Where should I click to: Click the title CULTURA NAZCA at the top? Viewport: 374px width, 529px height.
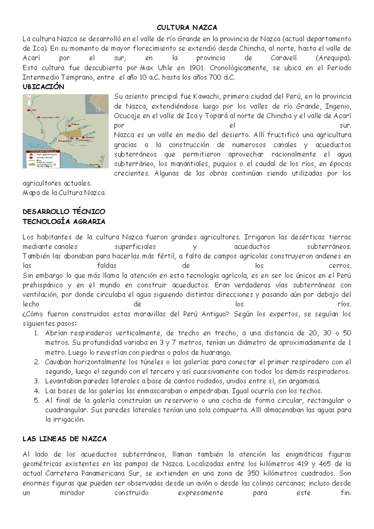coord(187,28)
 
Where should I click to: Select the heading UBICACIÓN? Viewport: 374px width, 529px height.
coord(43,87)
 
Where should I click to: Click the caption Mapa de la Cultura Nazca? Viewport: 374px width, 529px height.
coord(64,193)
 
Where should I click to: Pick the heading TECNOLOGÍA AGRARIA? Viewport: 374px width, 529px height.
coord(64,222)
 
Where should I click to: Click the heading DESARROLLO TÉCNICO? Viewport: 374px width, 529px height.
coord(64,212)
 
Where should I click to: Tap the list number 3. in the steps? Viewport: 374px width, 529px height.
coord(36,381)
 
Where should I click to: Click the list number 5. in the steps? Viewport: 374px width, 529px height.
coord(36,400)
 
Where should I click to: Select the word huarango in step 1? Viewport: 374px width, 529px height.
coord(218,353)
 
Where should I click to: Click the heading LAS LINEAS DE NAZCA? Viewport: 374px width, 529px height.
coord(65,439)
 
